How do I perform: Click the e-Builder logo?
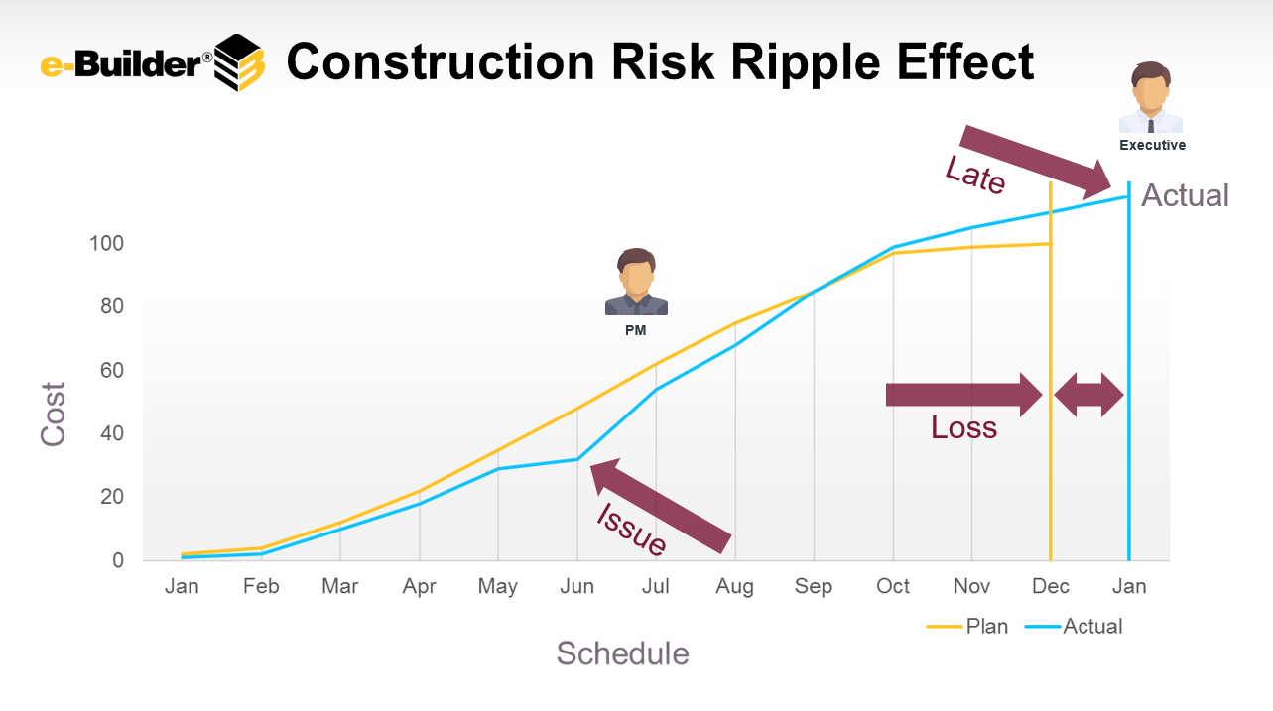click(x=153, y=62)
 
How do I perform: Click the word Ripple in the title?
click(x=806, y=63)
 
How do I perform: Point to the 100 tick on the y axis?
click(x=106, y=244)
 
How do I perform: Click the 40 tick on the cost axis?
click(x=112, y=433)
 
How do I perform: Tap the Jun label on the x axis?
click(x=576, y=586)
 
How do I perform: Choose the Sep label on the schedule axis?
click(x=814, y=587)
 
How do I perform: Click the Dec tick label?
click(x=1050, y=586)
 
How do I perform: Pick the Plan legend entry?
click(x=967, y=627)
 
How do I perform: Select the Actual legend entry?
click(x=1074, y=627)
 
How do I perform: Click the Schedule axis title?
click(x=622, y=653)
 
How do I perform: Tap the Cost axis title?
click(x=53, y=414)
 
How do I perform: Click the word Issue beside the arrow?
click(x=631, y=530)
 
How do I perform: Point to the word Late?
click(x=975, y=175)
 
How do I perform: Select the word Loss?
click(x=963, y=427)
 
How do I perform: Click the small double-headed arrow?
click(x=1088, y=395)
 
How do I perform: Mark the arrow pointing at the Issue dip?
click(x=661, y=506)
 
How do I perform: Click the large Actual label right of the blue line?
click(x=1185, y=195)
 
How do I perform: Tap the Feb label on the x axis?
click(x=261, y=586)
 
